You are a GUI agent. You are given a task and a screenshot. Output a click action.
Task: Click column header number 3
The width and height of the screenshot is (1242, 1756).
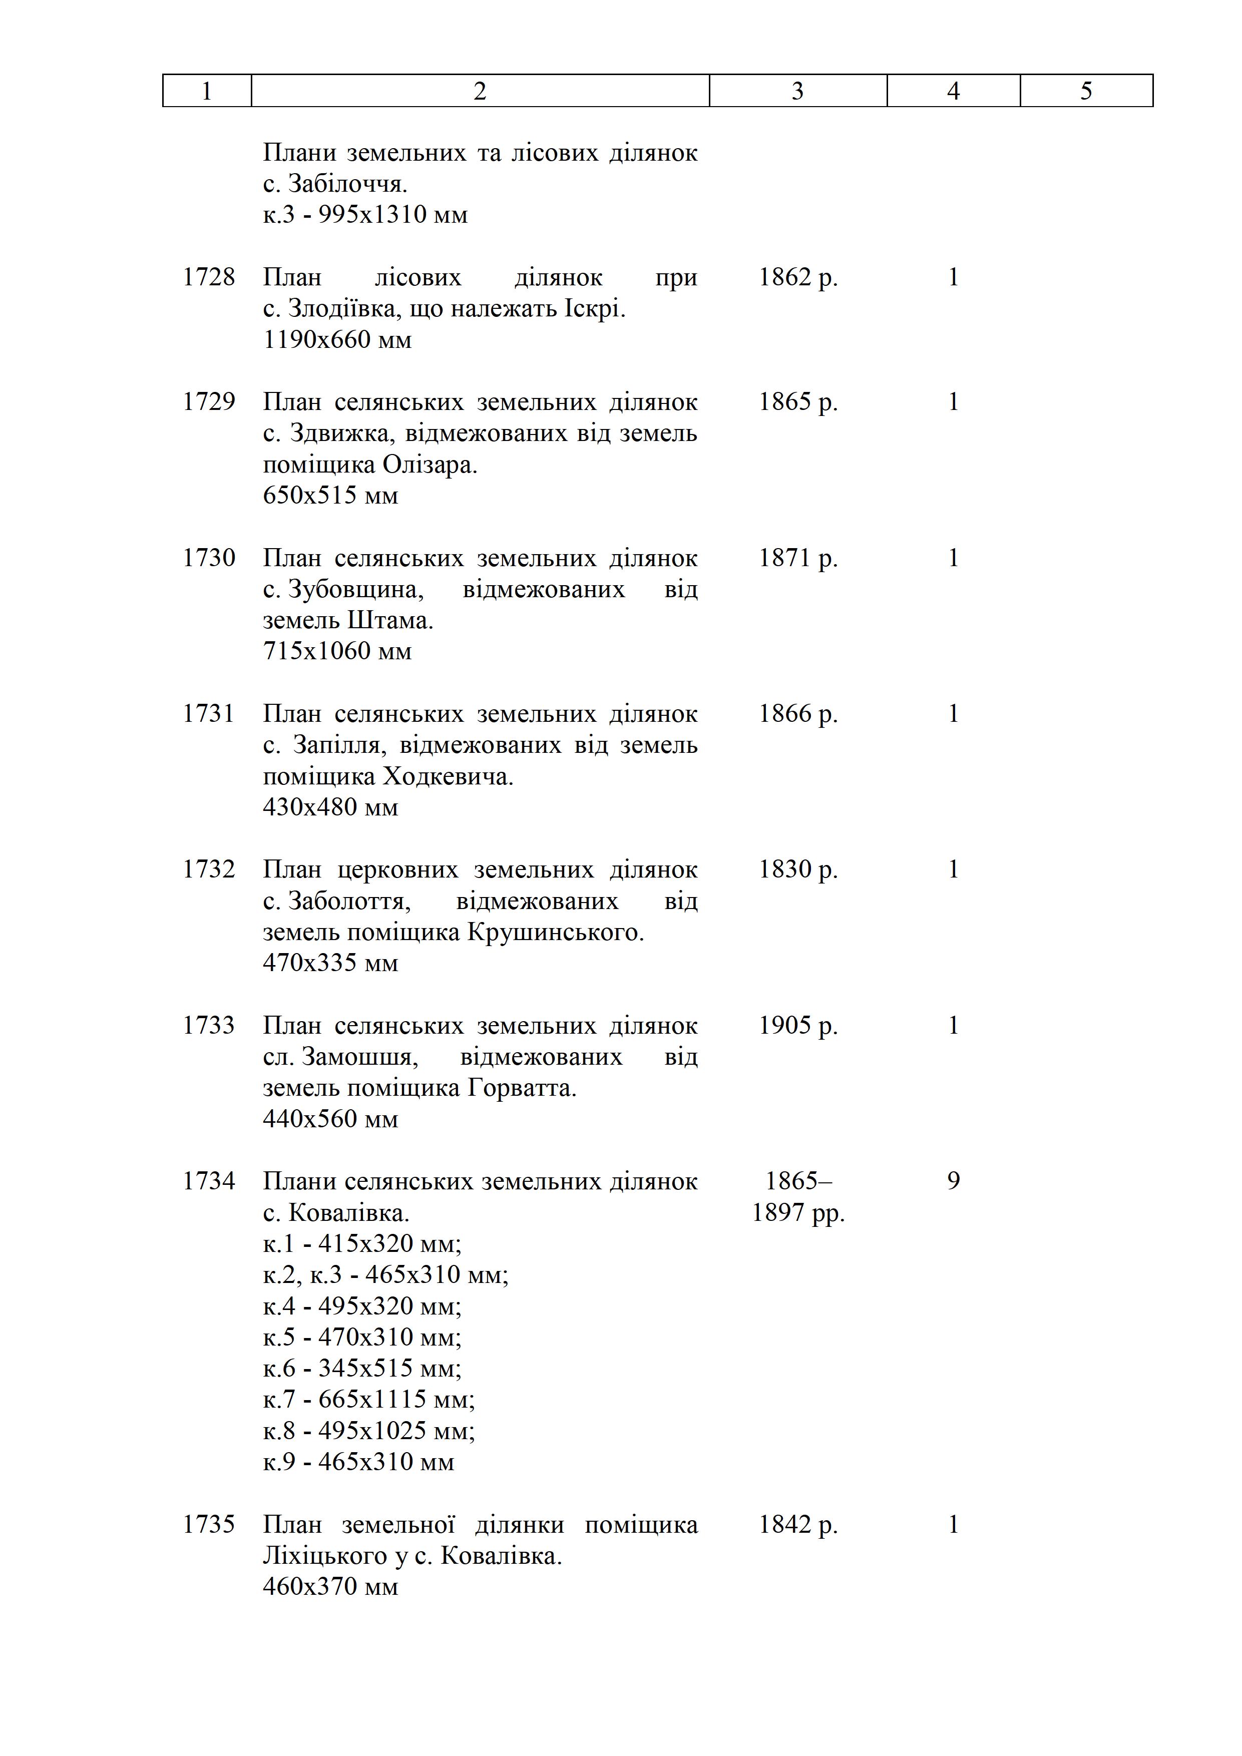pos(797,91)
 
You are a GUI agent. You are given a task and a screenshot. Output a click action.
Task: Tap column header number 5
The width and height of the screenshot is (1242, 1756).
pos(1086,91)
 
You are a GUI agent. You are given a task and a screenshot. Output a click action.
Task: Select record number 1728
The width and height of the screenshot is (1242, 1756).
pos(208,277)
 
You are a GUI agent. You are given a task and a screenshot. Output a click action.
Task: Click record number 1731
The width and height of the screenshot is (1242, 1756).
pos(208,714)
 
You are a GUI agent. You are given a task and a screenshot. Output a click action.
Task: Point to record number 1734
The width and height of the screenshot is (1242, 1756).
pos(208,1181)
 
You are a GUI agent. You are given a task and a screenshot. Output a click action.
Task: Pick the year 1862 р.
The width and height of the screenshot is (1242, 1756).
pos(797,277)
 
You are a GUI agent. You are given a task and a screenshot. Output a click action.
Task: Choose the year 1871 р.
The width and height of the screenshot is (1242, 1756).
pos(797,558)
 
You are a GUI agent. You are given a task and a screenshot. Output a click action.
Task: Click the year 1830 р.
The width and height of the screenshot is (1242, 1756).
pos(797,869)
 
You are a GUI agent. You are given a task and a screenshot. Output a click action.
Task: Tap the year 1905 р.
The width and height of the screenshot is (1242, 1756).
pos(797,1026)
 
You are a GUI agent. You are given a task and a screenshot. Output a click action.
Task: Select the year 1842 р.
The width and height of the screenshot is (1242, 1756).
pos(797,1524)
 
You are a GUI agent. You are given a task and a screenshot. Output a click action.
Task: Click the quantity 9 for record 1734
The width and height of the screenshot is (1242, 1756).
pos(953,1181)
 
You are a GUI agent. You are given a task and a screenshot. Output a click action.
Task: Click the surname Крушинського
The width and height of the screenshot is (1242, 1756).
pos(554,932)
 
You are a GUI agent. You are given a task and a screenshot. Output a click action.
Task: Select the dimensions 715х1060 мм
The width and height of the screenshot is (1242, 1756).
pos(337,651)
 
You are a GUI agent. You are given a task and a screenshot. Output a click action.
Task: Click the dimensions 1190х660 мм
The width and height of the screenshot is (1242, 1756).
pos(337,339)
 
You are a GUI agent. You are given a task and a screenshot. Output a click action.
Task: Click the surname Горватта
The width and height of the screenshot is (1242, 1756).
pos(521,1088)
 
